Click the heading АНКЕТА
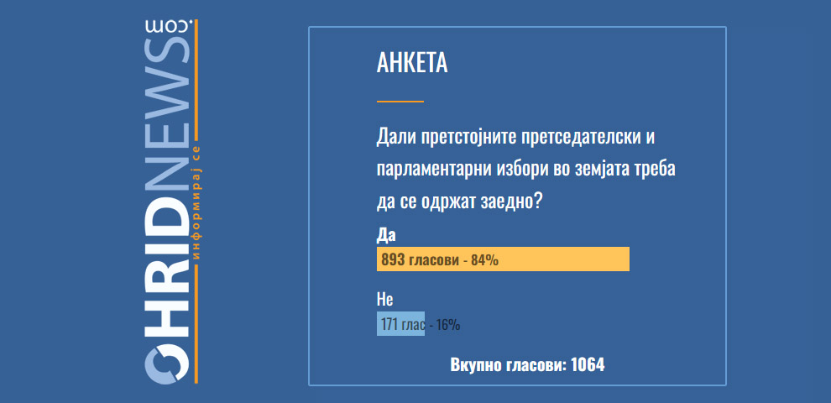(x=412, y=64)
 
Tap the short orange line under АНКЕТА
(x=400, y=101)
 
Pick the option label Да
(x=386, y=235)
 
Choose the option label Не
(x=384, y=300)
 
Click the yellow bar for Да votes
(x=503, y=259)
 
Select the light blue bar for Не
(x=400, y=323)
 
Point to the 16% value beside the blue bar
(x=448, y=325)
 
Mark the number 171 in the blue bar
(x=389, y=325)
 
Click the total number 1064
(x=588, y=365)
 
